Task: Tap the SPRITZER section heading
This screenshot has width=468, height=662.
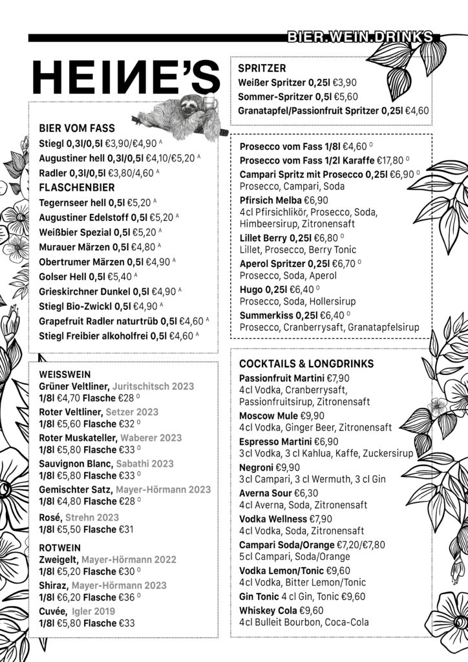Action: point(262,68)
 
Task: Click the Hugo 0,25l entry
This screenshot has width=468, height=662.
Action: point(264,289)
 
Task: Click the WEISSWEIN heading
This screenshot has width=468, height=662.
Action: point(65,374)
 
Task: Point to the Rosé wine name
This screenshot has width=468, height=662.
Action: point(50,517)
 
